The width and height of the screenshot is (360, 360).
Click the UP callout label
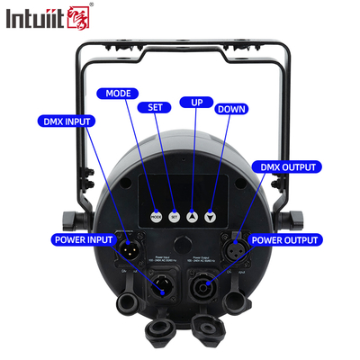[x=191, y=103]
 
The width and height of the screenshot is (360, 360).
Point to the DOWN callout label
[x=230, y=108]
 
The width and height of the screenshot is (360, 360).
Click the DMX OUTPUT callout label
[x=288, y=167]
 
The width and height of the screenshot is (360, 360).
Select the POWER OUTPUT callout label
[x=284, y=240]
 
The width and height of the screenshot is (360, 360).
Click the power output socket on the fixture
[x=201, y=289]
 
